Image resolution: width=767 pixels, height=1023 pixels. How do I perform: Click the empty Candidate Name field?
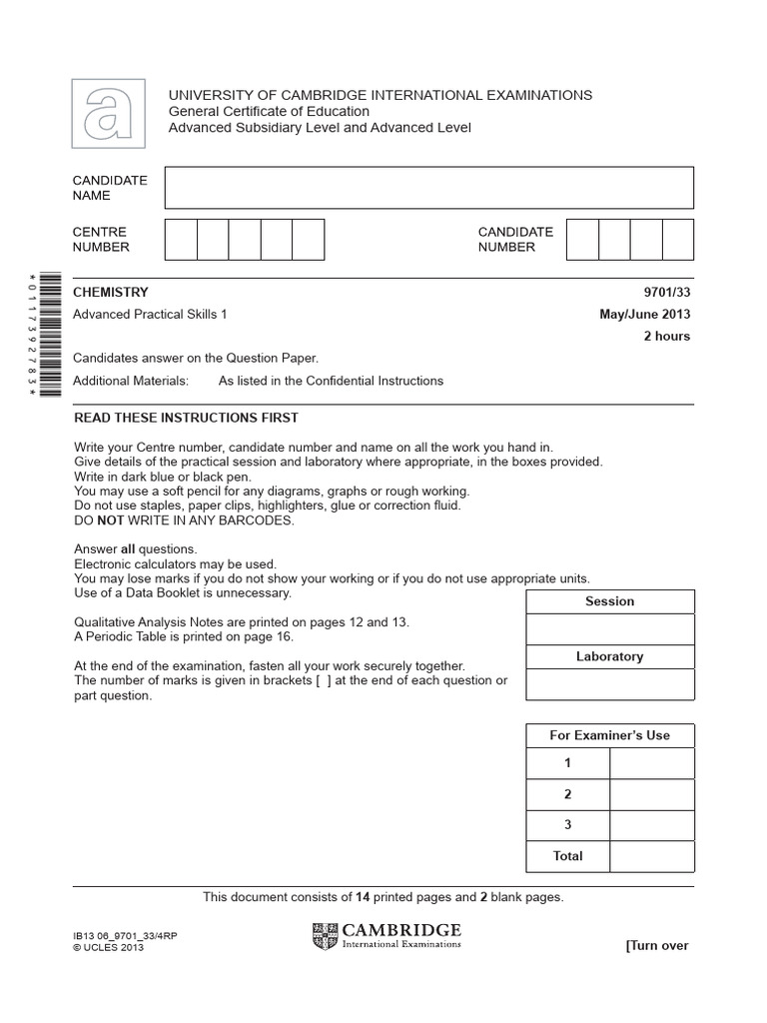428,188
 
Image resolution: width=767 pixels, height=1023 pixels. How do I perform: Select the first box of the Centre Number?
181,240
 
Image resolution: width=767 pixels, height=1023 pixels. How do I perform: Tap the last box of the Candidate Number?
677,240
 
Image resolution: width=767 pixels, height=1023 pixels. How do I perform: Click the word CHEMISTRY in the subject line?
111,293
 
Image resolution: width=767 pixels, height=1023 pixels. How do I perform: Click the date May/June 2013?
644,315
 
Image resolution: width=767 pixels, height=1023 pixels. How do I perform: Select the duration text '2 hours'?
666,337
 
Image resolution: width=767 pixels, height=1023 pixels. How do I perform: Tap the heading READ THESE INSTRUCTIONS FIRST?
186,418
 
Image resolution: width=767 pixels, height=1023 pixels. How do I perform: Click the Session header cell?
609,601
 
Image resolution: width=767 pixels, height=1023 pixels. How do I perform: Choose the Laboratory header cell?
609,656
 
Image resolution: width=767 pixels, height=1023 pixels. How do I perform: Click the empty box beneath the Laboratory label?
609,684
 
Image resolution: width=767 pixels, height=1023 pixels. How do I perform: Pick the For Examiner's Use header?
609,735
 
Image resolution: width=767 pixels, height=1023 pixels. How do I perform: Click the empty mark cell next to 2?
651,795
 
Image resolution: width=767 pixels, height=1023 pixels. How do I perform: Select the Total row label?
567,856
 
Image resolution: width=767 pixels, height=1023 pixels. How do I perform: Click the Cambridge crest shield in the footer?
326,936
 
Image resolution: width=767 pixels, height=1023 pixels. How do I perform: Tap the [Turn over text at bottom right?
656,945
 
